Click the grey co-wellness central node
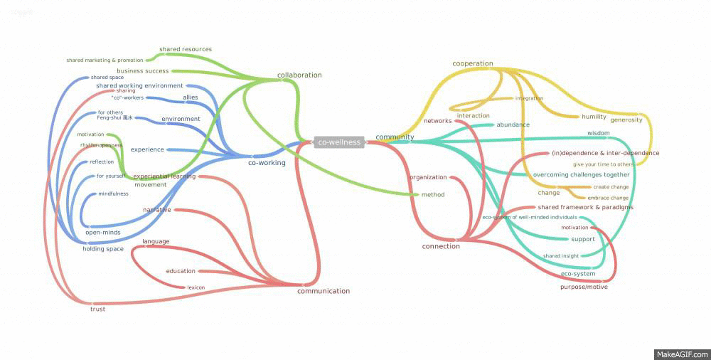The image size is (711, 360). coord(339,142)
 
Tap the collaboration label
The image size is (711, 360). coord(299,75)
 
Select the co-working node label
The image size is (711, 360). coord(267,163)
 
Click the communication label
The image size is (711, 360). coord(324,291)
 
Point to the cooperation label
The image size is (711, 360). coord(473,63)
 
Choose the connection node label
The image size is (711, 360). coord(441,246)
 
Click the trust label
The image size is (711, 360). coord(97,309)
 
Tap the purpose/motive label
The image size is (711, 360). coord(584,287)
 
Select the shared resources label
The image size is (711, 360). coord(186,49)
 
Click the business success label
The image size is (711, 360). coord(143,71)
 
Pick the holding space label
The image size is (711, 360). coord(103,249)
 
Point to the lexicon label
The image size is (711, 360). coord(196,287)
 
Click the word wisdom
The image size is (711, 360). coord(598,133)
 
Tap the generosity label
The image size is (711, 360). coord(626,120)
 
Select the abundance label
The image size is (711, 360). coord(513,125)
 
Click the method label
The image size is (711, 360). coord(433,194)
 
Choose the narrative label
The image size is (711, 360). coord(156,210)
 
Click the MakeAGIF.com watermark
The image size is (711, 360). coord(681,354)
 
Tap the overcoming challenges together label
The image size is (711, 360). coord(582,174)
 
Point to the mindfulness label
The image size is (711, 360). coord(113,194)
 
